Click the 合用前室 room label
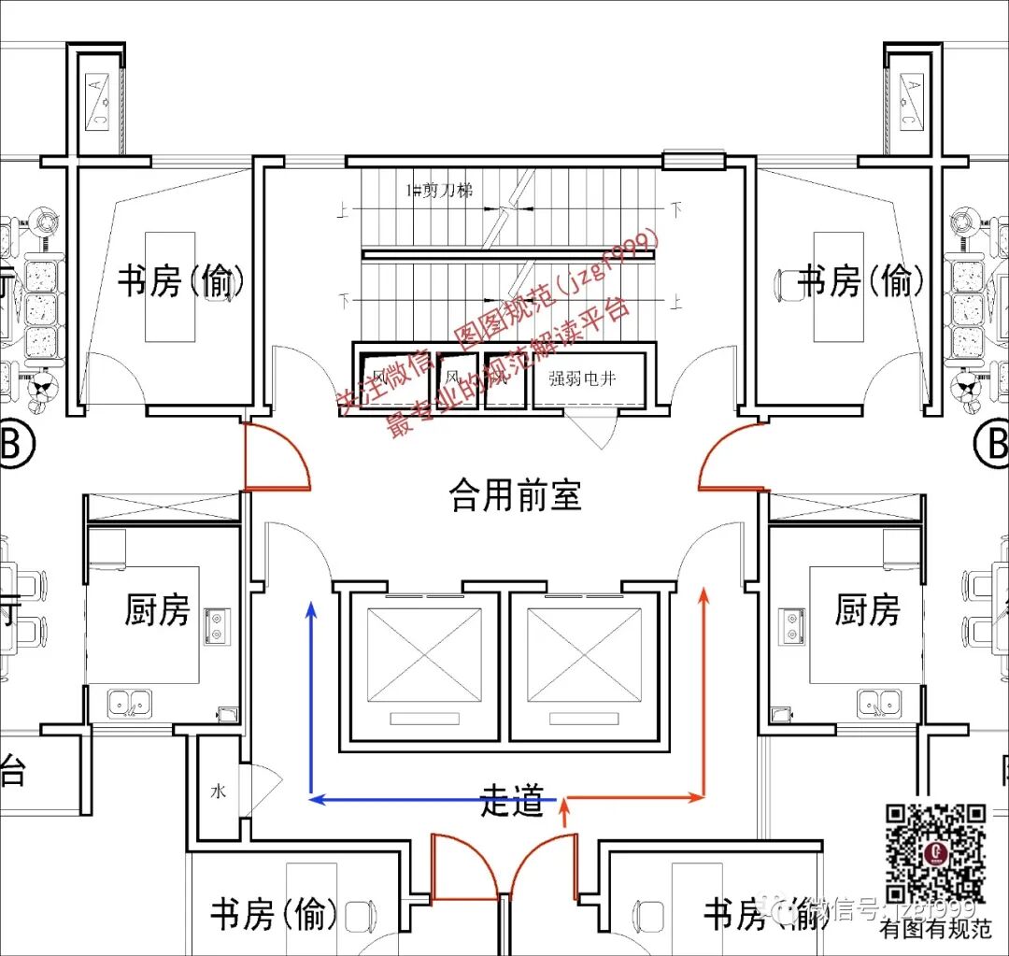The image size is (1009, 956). [x=515, y=494]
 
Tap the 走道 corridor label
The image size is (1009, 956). [x=511, y=800]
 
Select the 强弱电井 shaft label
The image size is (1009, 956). [x=582, y=378]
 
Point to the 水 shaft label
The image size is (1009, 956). [x=218, y=791]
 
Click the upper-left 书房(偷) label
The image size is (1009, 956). [x=181, y=280]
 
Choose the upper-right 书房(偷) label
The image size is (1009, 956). [x=863, y=280]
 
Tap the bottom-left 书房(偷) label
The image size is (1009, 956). [x=274, y=914]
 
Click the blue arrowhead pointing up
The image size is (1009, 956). [x=312, y=610]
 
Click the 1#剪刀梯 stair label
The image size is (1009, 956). [x=438, y=191]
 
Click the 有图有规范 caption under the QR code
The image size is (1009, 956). [x=934, y=929]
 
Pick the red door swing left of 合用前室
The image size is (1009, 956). [x=277, y=458]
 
